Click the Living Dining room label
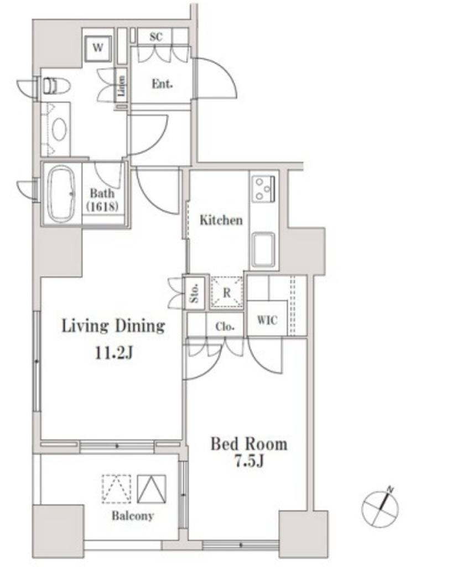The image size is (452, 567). coord(113,326)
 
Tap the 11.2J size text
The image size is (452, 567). coord(114,352)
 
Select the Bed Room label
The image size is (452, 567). coord(249,444)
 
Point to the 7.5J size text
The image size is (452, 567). coord(249,461)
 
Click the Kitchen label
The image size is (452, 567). coord(221,220)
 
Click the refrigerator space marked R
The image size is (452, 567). coord(226,292)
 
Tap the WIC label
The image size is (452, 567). coord(267,320)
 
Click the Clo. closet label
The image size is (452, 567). coord(225,327)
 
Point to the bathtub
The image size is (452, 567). coord(62,194)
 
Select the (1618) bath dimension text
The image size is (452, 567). coord(102,207)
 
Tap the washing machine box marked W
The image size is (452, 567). coord(97,48)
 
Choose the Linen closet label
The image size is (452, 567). coord(121,86)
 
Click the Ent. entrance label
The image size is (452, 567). coord(162,84)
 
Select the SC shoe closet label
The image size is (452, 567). coord(155,37)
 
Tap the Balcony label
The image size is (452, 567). coord(133,516)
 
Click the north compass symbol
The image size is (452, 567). coord(381,507)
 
